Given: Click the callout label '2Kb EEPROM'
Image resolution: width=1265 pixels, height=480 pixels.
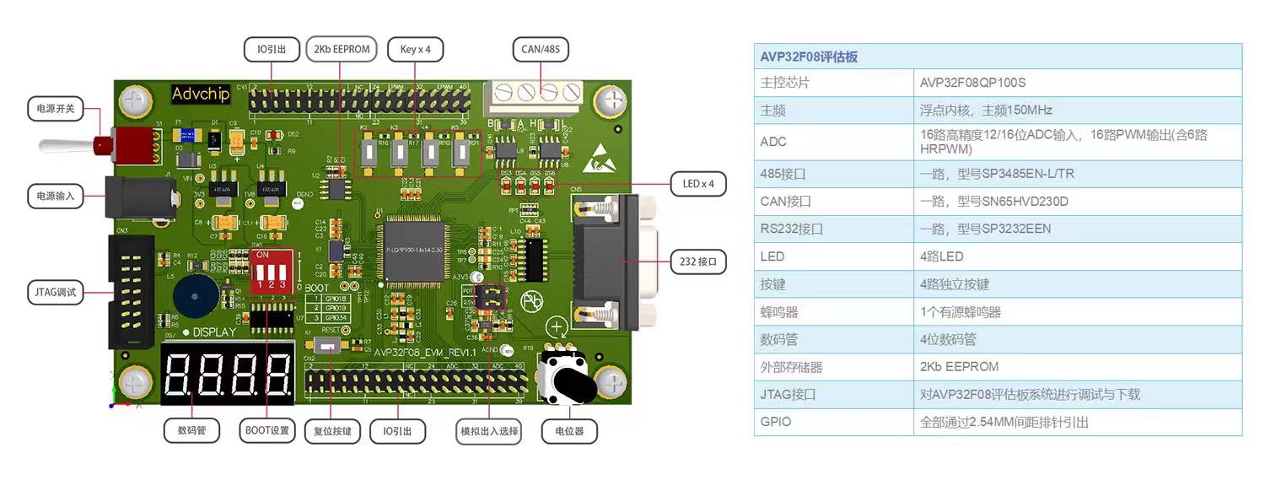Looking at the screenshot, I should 341,49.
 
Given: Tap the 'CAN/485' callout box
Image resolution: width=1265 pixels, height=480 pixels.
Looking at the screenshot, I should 540,49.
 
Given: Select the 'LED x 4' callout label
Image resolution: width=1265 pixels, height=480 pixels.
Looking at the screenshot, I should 697,183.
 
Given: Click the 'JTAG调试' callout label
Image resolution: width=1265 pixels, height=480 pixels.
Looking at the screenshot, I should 56,293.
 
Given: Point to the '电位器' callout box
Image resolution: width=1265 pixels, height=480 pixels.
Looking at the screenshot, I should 569,431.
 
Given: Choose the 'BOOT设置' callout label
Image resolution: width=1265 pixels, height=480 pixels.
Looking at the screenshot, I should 267,431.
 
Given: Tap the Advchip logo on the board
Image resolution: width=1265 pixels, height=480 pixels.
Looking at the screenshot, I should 201,94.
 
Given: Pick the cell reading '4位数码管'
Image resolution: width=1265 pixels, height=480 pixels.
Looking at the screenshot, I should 948,339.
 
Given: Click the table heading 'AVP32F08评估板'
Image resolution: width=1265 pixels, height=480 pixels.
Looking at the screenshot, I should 809,57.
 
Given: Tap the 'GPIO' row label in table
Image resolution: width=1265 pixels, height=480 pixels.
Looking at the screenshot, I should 776,421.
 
